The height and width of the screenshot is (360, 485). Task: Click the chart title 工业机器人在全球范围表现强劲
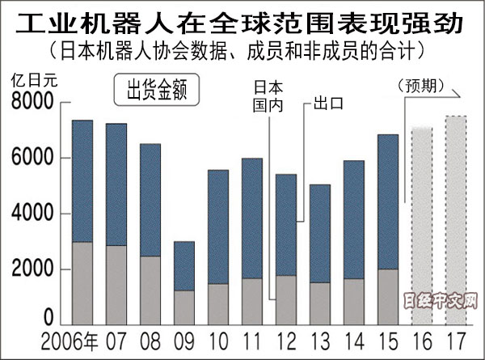[x=242, y=20]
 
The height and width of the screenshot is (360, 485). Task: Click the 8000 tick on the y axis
[x=32, y=104]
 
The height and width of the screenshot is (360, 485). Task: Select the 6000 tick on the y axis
[x=32, y=159]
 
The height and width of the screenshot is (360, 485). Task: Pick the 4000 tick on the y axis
[x=32, y=214]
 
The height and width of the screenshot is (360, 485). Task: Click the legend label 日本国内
[x=269, y=95]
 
